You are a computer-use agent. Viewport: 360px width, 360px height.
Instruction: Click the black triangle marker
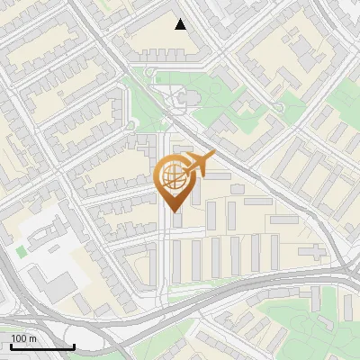pyautogui.click(x=181, y=24)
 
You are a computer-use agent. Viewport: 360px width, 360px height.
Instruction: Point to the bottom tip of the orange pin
pyautogui.click(x=173, y=211)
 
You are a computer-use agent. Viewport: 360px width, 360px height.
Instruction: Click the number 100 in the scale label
pyautogui.click(x=18, y=338)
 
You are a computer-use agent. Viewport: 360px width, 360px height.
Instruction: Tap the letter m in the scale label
pyautogui.click(x=32, y=338)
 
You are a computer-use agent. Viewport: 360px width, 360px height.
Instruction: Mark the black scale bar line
pyautogui.click(x=42, y=347)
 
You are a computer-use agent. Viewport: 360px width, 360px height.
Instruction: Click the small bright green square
pyautogui.click(x=21, y=251)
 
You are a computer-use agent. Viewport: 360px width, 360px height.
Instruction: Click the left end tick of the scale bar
pyautogui.click(x=11, y=346)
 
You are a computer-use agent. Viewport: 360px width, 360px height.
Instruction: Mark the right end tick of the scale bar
pyautogui.click(x=74, y=346)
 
